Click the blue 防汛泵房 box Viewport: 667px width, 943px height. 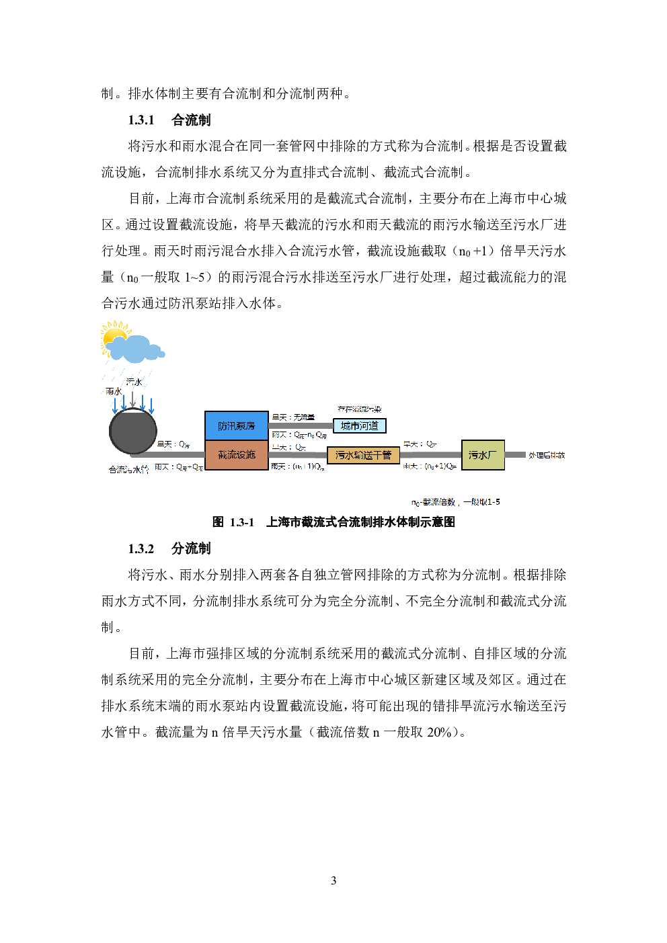pos(236,425)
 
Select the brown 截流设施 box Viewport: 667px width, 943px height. pos(236,455)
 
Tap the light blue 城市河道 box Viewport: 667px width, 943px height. pos(360,425)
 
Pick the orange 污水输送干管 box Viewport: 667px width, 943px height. pos(363,455)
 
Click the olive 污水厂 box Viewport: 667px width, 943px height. pos(482,455)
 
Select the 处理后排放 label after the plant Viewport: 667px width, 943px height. pos(546,455)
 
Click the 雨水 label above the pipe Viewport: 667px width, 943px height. pos(114,391)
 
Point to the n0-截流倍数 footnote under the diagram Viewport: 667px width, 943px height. pos(455,502)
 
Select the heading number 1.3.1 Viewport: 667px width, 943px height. pos(141,120)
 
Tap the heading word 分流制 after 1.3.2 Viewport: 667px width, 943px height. pos(191,548)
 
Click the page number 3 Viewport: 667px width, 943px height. pos(333,880)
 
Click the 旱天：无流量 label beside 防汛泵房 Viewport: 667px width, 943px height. pos(292,417)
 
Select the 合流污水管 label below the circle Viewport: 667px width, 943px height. pos(128,470)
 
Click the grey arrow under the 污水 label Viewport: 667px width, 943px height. pos(133,399)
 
